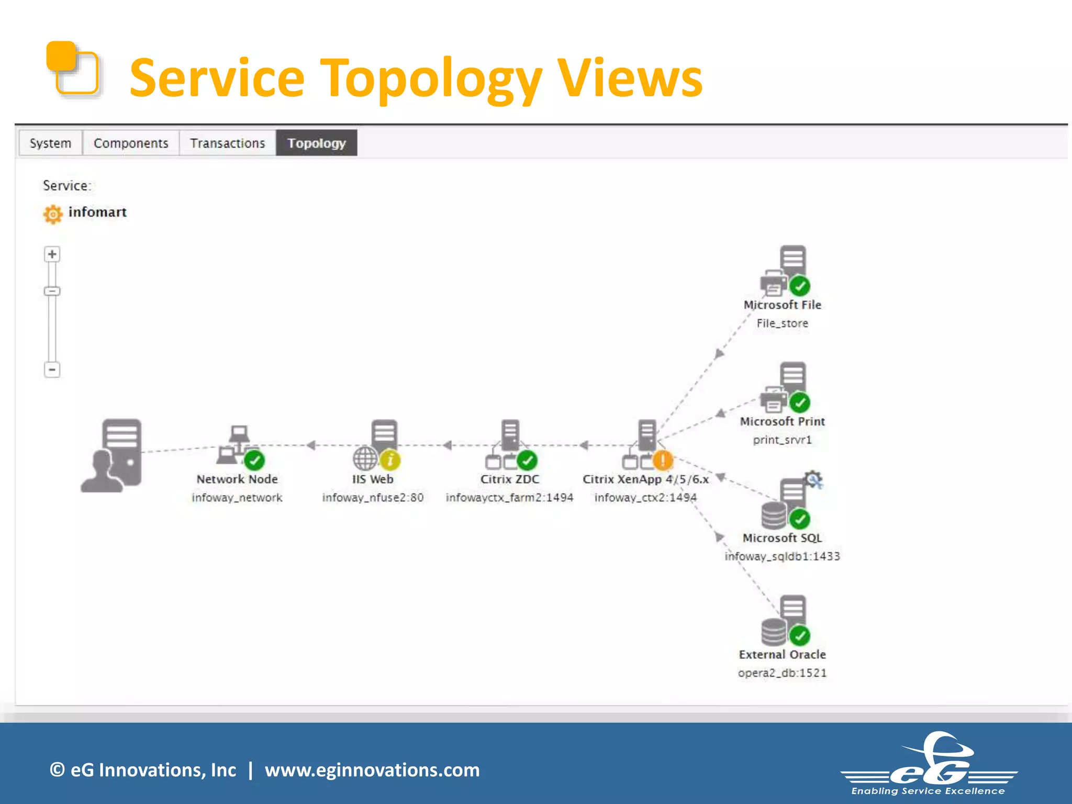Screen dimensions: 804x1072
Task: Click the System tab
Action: [x=50, y=143]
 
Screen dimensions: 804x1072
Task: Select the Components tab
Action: [x=131, y=143]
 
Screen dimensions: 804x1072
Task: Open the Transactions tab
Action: [x=227, y=143]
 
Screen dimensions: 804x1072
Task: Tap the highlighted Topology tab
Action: [x=316, y=143]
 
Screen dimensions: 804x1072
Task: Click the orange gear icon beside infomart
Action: [x=52, y=214]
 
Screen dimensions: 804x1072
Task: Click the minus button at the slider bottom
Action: [x=52, y=370]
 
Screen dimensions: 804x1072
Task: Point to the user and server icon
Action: [x=112, y=455]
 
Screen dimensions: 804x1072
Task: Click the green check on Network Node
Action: [x=255, y=461]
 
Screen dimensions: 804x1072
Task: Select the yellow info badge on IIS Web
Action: [x=390, y=461]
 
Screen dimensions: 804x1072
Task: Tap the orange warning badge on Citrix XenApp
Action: [x=663, y=461]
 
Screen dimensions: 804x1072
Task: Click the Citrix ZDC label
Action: [x=509, y=479]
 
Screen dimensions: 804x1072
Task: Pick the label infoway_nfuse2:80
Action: [x=373, y=498]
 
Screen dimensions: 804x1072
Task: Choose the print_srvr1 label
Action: [x=782, y=440]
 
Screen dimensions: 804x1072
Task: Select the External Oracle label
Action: [x=782, y=655]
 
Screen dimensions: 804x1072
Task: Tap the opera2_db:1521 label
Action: [x=782, y=673]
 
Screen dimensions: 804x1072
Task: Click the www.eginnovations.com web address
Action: [x=372, y=770]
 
